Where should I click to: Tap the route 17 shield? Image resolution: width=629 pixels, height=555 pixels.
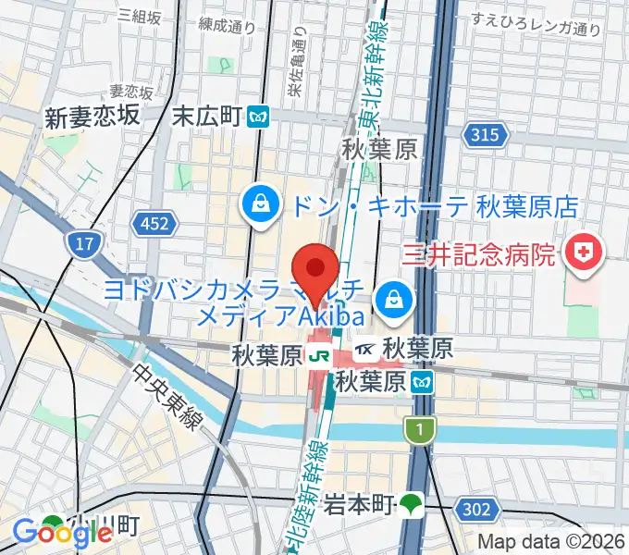(80, 244)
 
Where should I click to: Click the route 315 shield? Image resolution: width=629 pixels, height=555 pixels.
(488, 136)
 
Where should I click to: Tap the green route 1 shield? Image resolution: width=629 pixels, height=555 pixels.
(420, 428)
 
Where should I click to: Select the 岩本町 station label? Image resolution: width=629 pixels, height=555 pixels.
(360, 505)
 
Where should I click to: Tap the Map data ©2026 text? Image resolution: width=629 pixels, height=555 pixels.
(550, 542)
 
